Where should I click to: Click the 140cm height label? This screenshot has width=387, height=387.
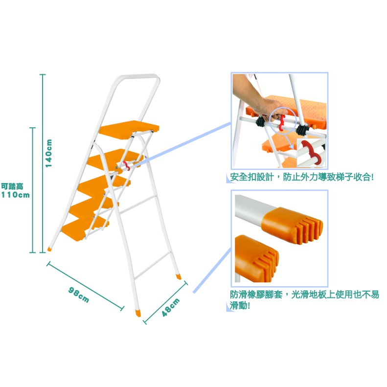point(49,153)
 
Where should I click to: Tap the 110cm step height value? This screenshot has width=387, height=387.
point(15,195)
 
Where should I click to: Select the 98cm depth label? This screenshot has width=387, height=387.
point(78,295)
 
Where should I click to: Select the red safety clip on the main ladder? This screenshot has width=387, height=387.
point(127,165)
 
